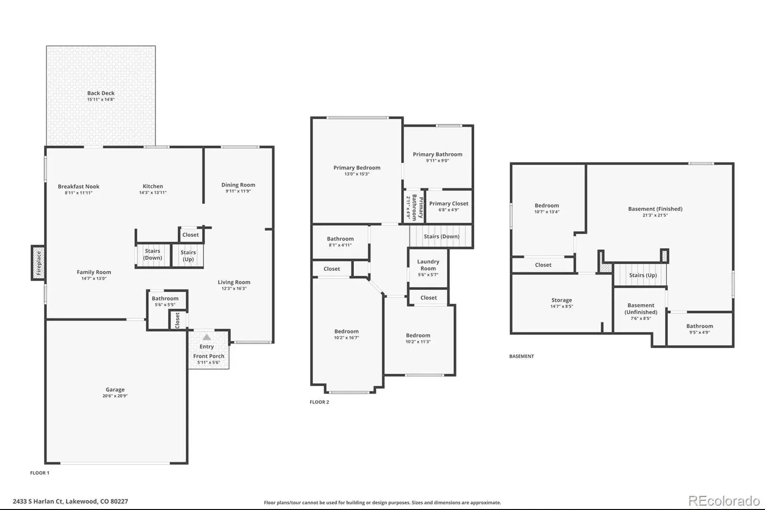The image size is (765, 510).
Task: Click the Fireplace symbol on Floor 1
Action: pyautogui.click(x=38, y=263)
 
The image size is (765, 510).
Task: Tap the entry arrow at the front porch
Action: pyautogui.click(x=207, y=337)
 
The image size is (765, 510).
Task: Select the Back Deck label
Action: pyautogui.click(x=101, y=93)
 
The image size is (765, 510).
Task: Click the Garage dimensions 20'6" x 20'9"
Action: pyautogui.click(x=115, y=396)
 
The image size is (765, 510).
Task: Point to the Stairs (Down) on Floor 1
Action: pyautogui.click(x=153, y=255)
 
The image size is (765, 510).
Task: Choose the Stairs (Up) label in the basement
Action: pyautogui.click(x=643, y=275)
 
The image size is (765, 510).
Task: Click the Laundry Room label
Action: pyautogui.click(x=428, y=265)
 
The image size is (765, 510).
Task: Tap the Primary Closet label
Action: pyautogui.click(x=449, y=203)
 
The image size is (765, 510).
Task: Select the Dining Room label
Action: pyautogui.click(x=238, y=185)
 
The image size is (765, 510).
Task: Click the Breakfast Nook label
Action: pyautogui.click(x=78, y=186)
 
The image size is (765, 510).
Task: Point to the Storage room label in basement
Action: pyautogui.click(x=561, y=300)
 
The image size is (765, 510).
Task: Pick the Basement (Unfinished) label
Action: pyautogui.click(x=641, y=309)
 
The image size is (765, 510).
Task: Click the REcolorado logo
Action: pyautogui.click(x=724, y=501)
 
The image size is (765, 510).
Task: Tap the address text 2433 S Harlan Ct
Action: pyautogui.click(x=38, y=501)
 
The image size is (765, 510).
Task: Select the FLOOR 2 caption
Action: pyautogui.click(x=319, y=402)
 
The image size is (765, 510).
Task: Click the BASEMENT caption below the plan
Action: pyautogui.click(x=522, y=356)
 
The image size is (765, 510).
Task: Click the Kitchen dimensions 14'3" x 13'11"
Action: pyautogui.click(x=153, y=192)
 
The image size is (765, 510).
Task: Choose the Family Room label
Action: pyautogui.click(x=94, y=272)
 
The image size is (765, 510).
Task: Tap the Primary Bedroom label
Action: pyautogui.click(x=357, y=167)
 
